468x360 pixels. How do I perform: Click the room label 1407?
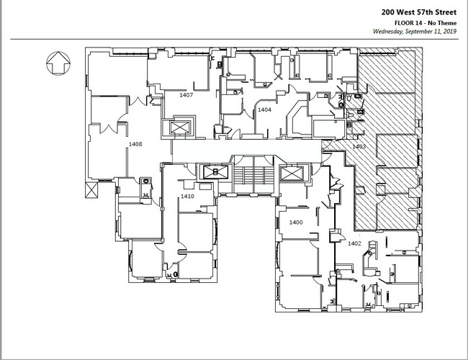click(x=186, y=95)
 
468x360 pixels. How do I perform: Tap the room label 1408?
click(x=135, y=144)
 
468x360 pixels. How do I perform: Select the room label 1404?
click(x=264, y=110)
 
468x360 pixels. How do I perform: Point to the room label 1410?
click(x=187, y=197)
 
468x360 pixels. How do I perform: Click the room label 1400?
click(x=296, y=222)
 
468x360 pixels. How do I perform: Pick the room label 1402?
click(x=354, y=243)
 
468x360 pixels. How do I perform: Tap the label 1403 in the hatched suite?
click(x=359, y=147)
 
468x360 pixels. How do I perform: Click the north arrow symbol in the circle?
click(x=58, y=63)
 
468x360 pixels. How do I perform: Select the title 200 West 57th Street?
click(x=419, y=12)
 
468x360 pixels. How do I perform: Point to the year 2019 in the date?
click(x=449, y=31)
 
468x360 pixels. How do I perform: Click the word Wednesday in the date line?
click(x=387, y=32)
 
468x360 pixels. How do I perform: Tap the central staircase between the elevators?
click(x=253, y=175)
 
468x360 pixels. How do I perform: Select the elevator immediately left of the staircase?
click(x=215, y=172)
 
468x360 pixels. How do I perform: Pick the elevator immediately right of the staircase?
click(x=292, y=174)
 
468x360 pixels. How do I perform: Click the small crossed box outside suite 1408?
click(x=91, y=190)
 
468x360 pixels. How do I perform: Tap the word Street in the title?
click(x=445, y=12)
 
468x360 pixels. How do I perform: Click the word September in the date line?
click(x=419, y=32)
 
